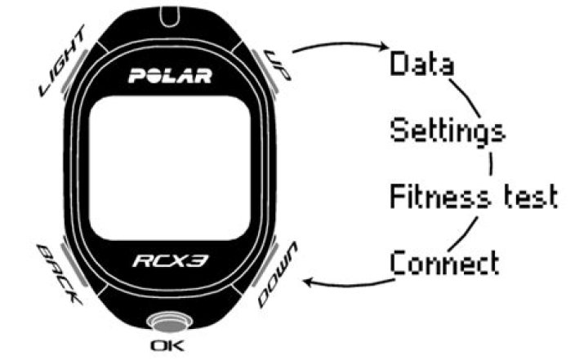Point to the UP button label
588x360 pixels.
pyautogui.click(x=274, y=60)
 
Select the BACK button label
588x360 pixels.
pyautogui.click(x=61, y=274)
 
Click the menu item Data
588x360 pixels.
pyautogui.click(x=422, y=63)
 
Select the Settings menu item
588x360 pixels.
pyautogui.click(x=446, y=131)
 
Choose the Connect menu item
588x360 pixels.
pyautogui.click(x=444, y=263)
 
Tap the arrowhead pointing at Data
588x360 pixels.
pyautogui.click(x=381, y=53)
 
